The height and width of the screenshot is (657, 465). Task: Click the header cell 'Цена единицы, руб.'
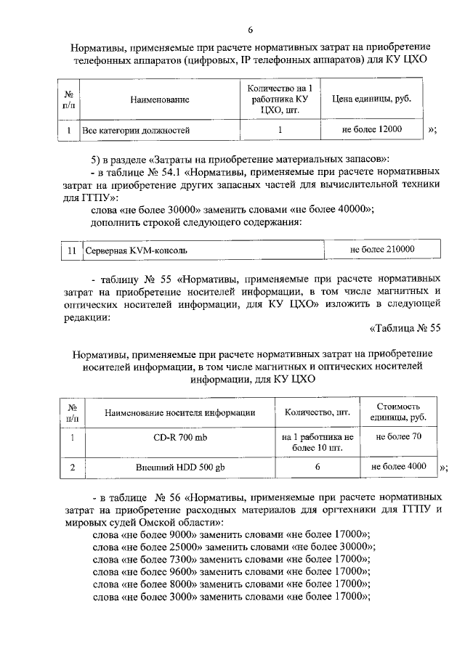(x=371, y=99)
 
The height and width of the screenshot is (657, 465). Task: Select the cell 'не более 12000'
(x=371, y=130)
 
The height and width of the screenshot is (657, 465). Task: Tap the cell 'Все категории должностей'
(x=136, y=131)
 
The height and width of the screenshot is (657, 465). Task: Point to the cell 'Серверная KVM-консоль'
(x=136, y=250)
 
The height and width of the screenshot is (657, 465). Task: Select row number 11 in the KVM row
(x=71, y=250)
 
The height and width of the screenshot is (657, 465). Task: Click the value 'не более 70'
(x=398, y=436)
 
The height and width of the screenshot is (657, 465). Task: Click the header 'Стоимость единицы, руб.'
(x=398, y=412)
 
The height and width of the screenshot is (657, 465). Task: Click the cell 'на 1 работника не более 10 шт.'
(x=318, y=442)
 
